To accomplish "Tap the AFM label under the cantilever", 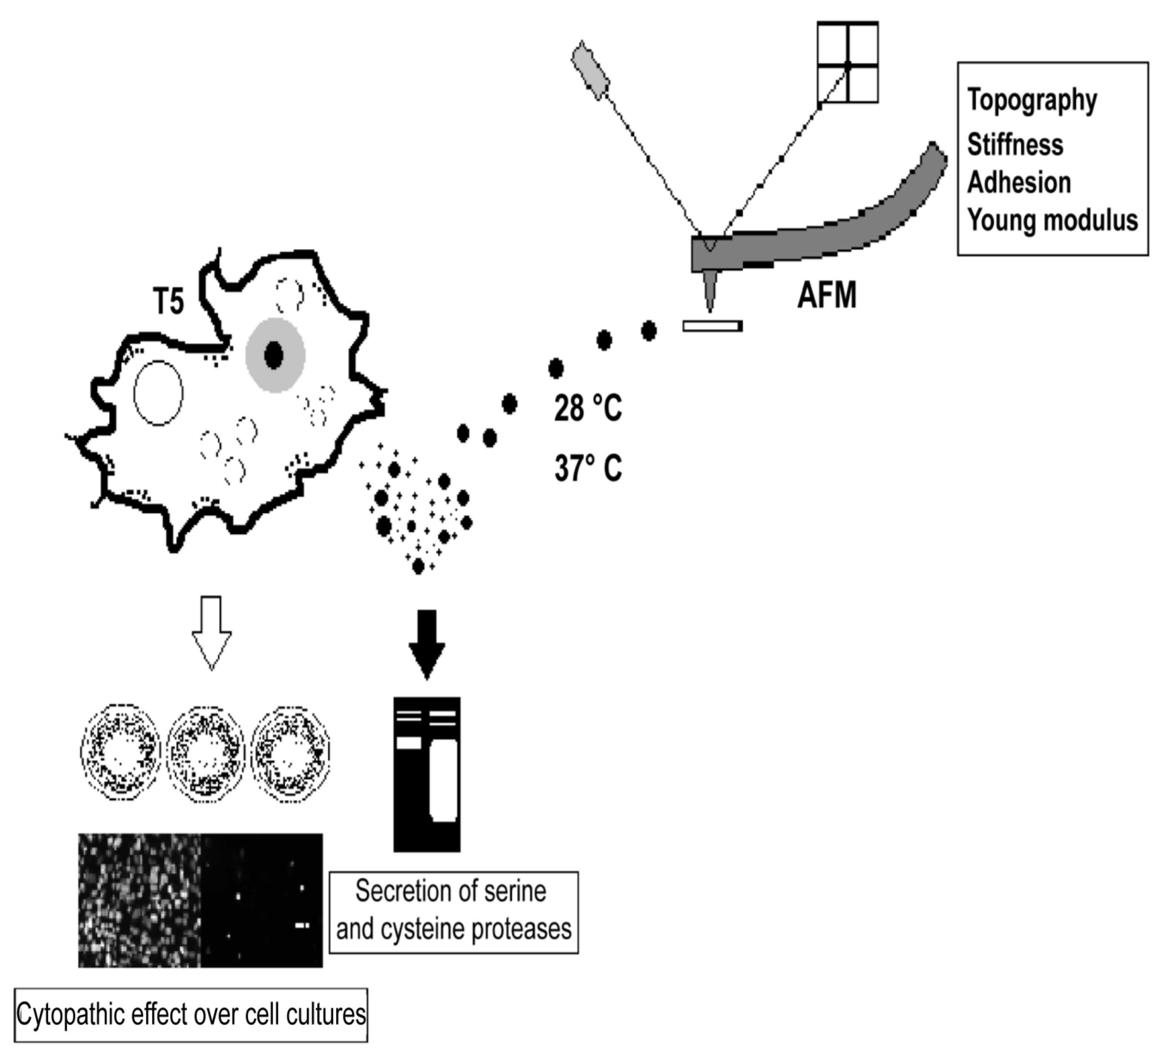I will (x=827, y=296).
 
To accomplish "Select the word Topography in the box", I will (x=1032, y=101).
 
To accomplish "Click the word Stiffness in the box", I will (x=1015, y=144).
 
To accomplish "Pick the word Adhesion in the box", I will (x=1019, y=183).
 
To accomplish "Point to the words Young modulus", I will (x=1052, y=220).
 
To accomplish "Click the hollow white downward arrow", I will (x=212, y=632).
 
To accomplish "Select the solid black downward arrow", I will (x=426, y=644).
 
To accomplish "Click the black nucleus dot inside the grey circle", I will (x=274, y=355).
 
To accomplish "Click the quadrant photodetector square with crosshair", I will (x=848, y=63).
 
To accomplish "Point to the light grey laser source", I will (x=590, y=70).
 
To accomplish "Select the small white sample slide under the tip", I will (x=712, y=326).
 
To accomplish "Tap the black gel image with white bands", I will (x=426, y=774).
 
